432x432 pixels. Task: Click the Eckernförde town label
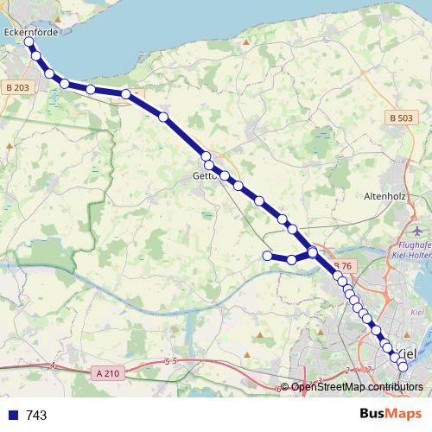[32, 32]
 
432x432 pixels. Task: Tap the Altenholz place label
[398, 196]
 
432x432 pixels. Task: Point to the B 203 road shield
[17, 87]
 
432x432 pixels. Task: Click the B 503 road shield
[400, 118]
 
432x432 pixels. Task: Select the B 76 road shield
[341, 266]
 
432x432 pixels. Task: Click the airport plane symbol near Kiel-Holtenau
[420, 231]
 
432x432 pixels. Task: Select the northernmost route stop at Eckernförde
[29, 41]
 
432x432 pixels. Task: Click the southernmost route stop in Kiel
[403, 367]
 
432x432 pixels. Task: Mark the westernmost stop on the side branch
[267, 255]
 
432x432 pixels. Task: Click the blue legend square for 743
[12, 416]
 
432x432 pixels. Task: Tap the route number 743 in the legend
[37, 416]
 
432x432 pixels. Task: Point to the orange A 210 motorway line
[173, 367]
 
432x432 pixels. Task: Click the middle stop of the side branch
[292, 259]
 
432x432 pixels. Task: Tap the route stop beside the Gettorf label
[209, 165]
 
